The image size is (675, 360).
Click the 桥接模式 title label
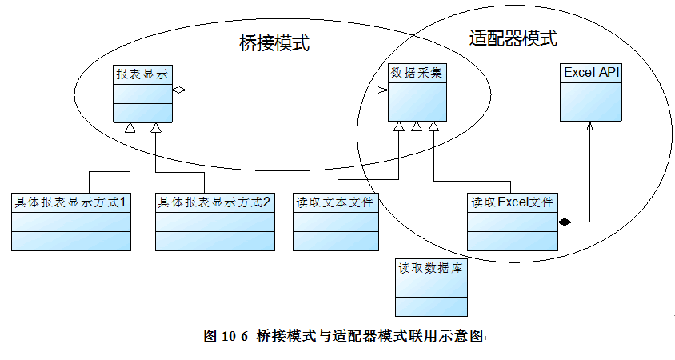pos(274,43)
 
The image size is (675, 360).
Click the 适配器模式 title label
pos(513,38)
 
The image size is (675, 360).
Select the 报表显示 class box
pos(142,93)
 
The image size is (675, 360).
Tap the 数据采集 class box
pos(417,93)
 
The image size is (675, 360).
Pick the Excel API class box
pos(591,93)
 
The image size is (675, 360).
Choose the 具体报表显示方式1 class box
pos(70,222)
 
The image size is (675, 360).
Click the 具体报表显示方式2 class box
pos(214,222)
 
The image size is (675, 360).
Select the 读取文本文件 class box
pos(335,222)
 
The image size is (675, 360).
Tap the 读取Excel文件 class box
pos(511,222)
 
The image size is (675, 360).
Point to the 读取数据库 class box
pos(431,287)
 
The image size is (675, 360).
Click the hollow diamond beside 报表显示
pos(180,89)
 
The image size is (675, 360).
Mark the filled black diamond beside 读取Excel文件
pos(565,222)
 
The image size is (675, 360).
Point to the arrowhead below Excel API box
pos(590,126)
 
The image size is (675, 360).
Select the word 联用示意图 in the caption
pos(451,337)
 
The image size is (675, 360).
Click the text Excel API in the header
pos(591,73)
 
